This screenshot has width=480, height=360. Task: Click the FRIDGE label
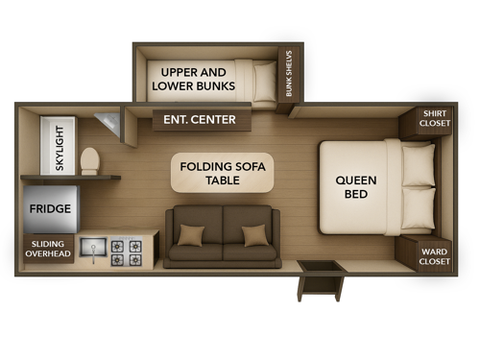49,208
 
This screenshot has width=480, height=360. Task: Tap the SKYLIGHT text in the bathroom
60,149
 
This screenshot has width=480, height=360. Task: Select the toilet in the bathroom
90,159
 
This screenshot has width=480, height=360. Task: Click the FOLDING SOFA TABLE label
222,175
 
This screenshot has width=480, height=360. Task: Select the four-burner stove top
126,252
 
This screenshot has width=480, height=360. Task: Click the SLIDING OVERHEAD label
48,250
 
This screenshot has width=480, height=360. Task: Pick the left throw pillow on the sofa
192,235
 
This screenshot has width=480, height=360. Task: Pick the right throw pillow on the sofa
254,235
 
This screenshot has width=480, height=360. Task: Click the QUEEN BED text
355,188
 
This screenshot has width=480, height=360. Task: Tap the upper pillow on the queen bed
419,165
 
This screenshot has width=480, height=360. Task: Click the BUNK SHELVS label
289,76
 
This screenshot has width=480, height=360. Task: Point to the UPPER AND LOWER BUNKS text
194,81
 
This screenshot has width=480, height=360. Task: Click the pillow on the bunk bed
264,82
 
